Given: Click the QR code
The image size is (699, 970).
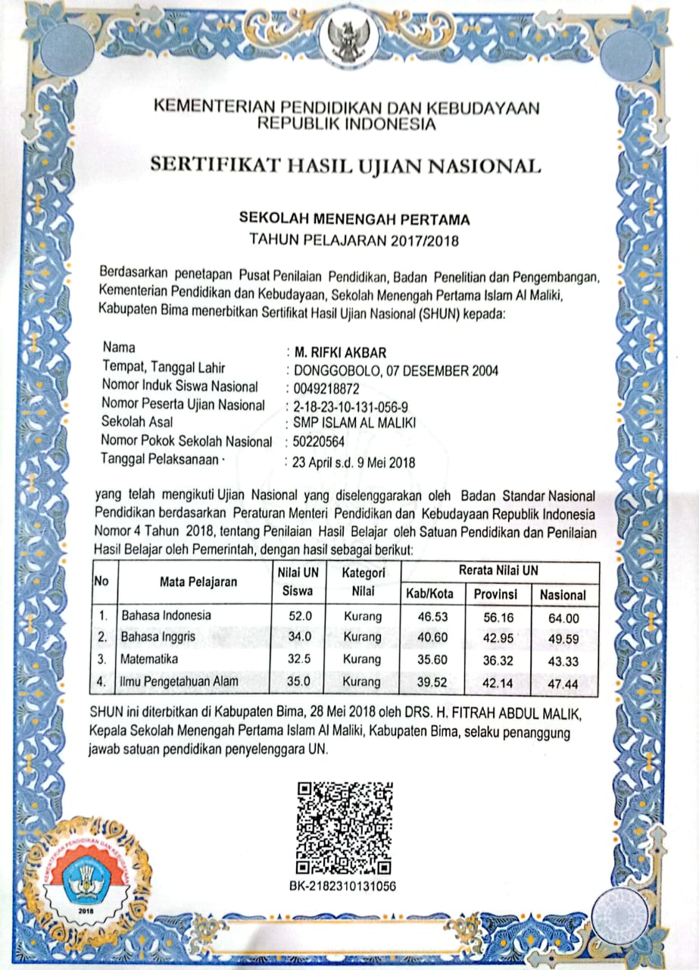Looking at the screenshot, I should click(345, 826).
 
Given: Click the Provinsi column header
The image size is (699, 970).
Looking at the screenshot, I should click(495, 594).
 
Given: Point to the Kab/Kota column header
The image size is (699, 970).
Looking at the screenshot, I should click(429, 594).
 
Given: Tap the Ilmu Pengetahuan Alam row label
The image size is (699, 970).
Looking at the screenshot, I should click(179, 681).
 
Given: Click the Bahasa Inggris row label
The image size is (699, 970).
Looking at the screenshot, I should click(159, 637).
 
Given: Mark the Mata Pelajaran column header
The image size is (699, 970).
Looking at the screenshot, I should click(198, 582).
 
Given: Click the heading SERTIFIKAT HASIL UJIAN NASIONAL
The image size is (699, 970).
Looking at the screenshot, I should click(345, 165).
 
